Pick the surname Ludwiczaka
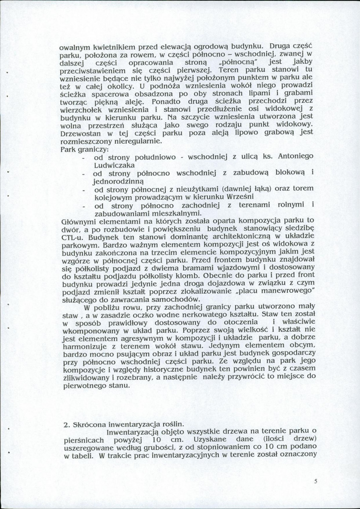pos(115,165)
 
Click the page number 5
pos(315,482)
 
